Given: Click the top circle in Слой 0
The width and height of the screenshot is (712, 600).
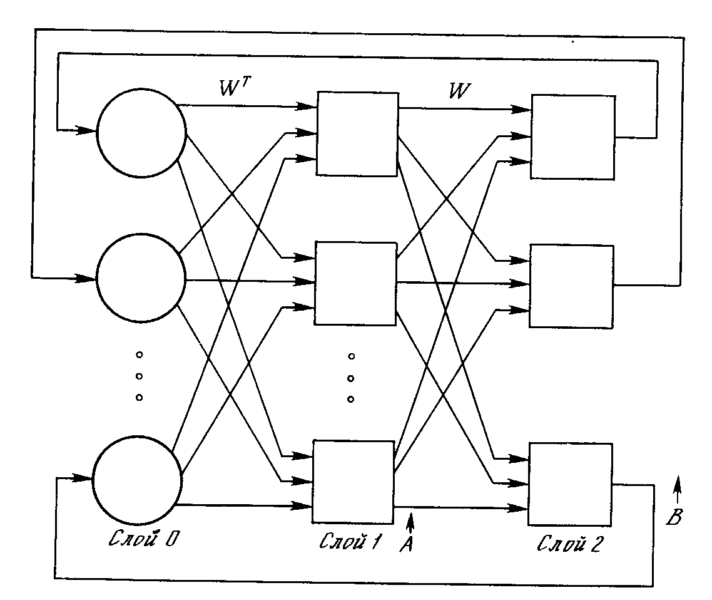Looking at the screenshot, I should [141, 133].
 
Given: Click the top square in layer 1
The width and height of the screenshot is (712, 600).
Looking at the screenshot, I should [357, 133].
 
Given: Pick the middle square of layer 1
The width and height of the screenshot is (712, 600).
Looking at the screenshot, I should [355, 283].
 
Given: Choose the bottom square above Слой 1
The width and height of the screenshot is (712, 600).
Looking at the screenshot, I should [353, 481].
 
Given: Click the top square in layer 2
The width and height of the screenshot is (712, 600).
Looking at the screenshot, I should [572, 137].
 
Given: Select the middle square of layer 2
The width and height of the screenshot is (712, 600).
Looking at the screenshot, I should [572, 286].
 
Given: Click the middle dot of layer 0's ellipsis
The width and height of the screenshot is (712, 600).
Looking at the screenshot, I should [139, 376].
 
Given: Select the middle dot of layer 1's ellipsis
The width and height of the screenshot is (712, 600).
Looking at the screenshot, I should [351, 378].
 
